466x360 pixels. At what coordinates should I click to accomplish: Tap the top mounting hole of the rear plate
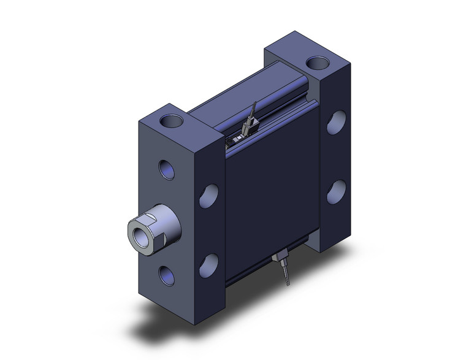tap(317, 62)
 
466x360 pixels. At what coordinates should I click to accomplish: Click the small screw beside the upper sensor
tap(232, 142)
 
